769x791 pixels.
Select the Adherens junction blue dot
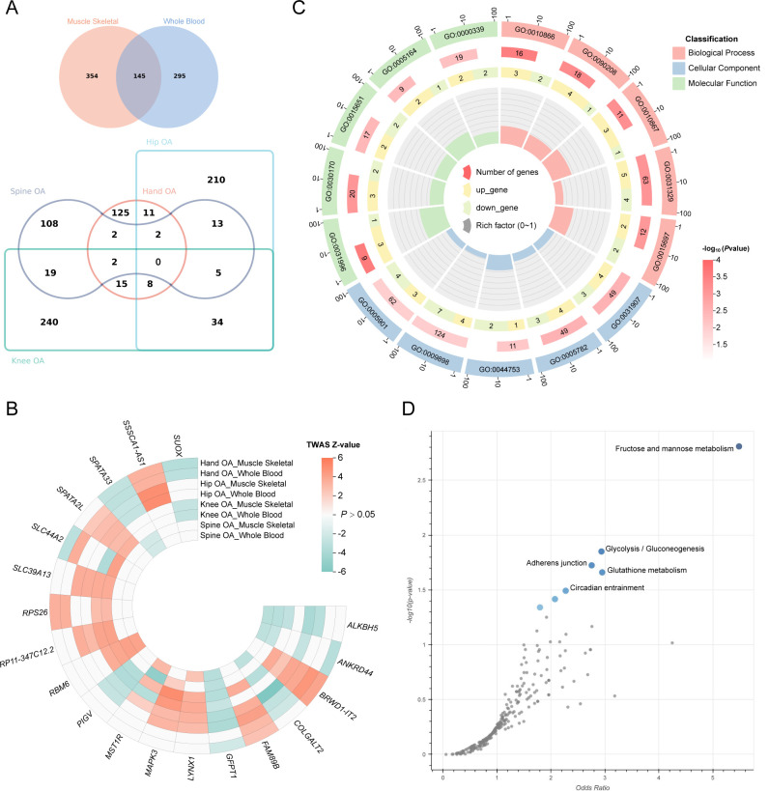coord(591,564)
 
